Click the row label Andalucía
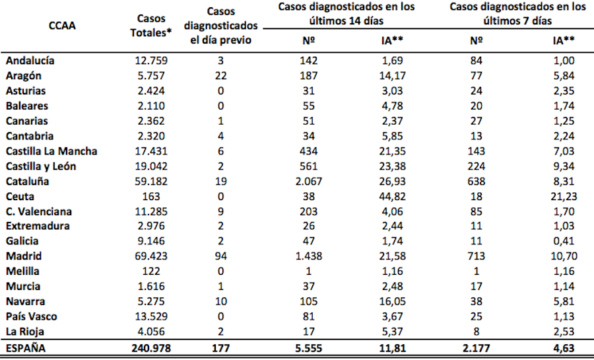30,61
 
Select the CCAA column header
62,26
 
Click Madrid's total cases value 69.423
152,256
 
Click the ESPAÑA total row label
27,348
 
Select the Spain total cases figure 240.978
152,348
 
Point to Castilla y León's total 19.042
152,166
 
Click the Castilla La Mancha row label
51,151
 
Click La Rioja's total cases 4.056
152,332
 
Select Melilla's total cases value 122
152,271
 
